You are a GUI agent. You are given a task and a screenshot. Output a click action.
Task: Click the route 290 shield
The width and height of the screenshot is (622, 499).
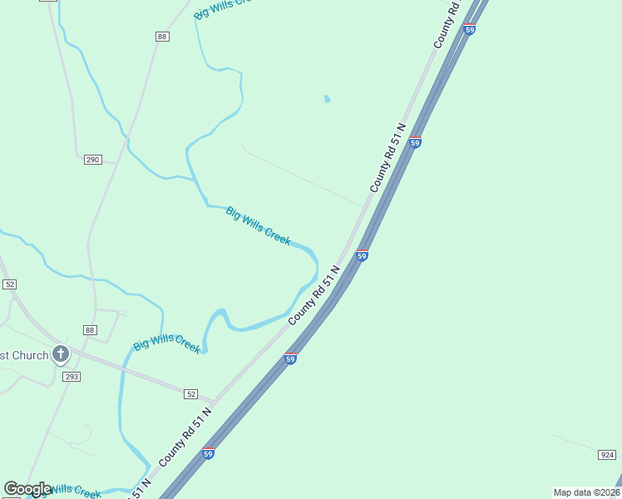click(x=92, y=160)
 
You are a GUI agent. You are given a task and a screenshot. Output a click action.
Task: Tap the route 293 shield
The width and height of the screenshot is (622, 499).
click(x=72, y=377)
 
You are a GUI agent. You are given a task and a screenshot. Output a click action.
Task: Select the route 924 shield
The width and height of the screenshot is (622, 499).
click(x=606, y=455)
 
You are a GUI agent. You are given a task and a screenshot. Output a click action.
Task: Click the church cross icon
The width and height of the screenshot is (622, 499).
click(x=60, y=355)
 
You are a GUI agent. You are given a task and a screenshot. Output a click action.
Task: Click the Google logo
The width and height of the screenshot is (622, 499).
click(x=28, y=489)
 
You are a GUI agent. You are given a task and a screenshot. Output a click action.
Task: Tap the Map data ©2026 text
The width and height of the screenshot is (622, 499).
click(x=585, y=492)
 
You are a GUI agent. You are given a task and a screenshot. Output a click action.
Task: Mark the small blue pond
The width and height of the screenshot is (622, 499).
click(x=327, y=99)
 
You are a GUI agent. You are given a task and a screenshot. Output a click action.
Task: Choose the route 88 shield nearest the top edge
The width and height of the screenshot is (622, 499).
click(x=161, y=37)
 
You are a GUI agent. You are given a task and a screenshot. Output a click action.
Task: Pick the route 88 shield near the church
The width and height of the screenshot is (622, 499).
click(x=90, y=329)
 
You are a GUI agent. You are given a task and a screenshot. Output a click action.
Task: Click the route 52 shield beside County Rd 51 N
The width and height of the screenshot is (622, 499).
click(x=191, y=393)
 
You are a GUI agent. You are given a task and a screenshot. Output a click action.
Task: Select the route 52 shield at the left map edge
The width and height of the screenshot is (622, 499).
click(x=9, y=284)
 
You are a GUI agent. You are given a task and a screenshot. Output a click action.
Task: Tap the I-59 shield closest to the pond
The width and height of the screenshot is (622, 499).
click(x=415, y=142)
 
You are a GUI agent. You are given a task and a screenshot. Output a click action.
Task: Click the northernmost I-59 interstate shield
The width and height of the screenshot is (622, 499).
click(x=470, y=29)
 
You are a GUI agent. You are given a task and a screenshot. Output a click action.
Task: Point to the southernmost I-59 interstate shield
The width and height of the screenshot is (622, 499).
click(x=209, y=453)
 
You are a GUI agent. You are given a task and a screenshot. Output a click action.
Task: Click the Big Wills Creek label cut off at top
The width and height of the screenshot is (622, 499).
click(x=221, y=7)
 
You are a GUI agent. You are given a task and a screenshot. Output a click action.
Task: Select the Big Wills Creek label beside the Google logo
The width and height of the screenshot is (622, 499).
click(x=75, y=491)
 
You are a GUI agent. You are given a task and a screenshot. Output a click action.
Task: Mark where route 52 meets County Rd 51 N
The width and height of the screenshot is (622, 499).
click(x=215, y=402)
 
